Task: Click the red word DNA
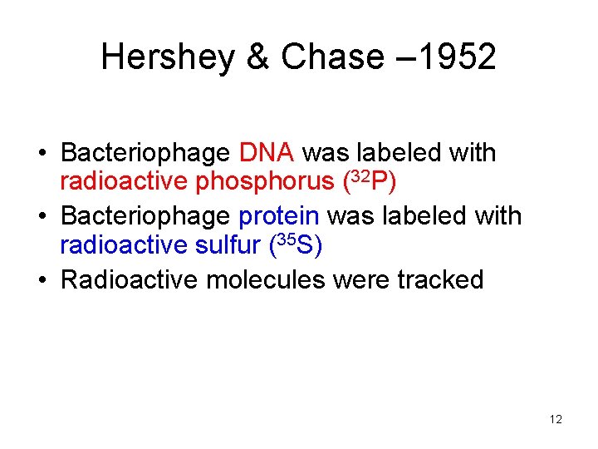[x=267, y=153]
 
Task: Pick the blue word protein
[x=279, y=216]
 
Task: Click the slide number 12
[x=556, y=420]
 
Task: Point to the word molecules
[x=266, y=279]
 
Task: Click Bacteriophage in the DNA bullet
[x=145, y=153]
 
